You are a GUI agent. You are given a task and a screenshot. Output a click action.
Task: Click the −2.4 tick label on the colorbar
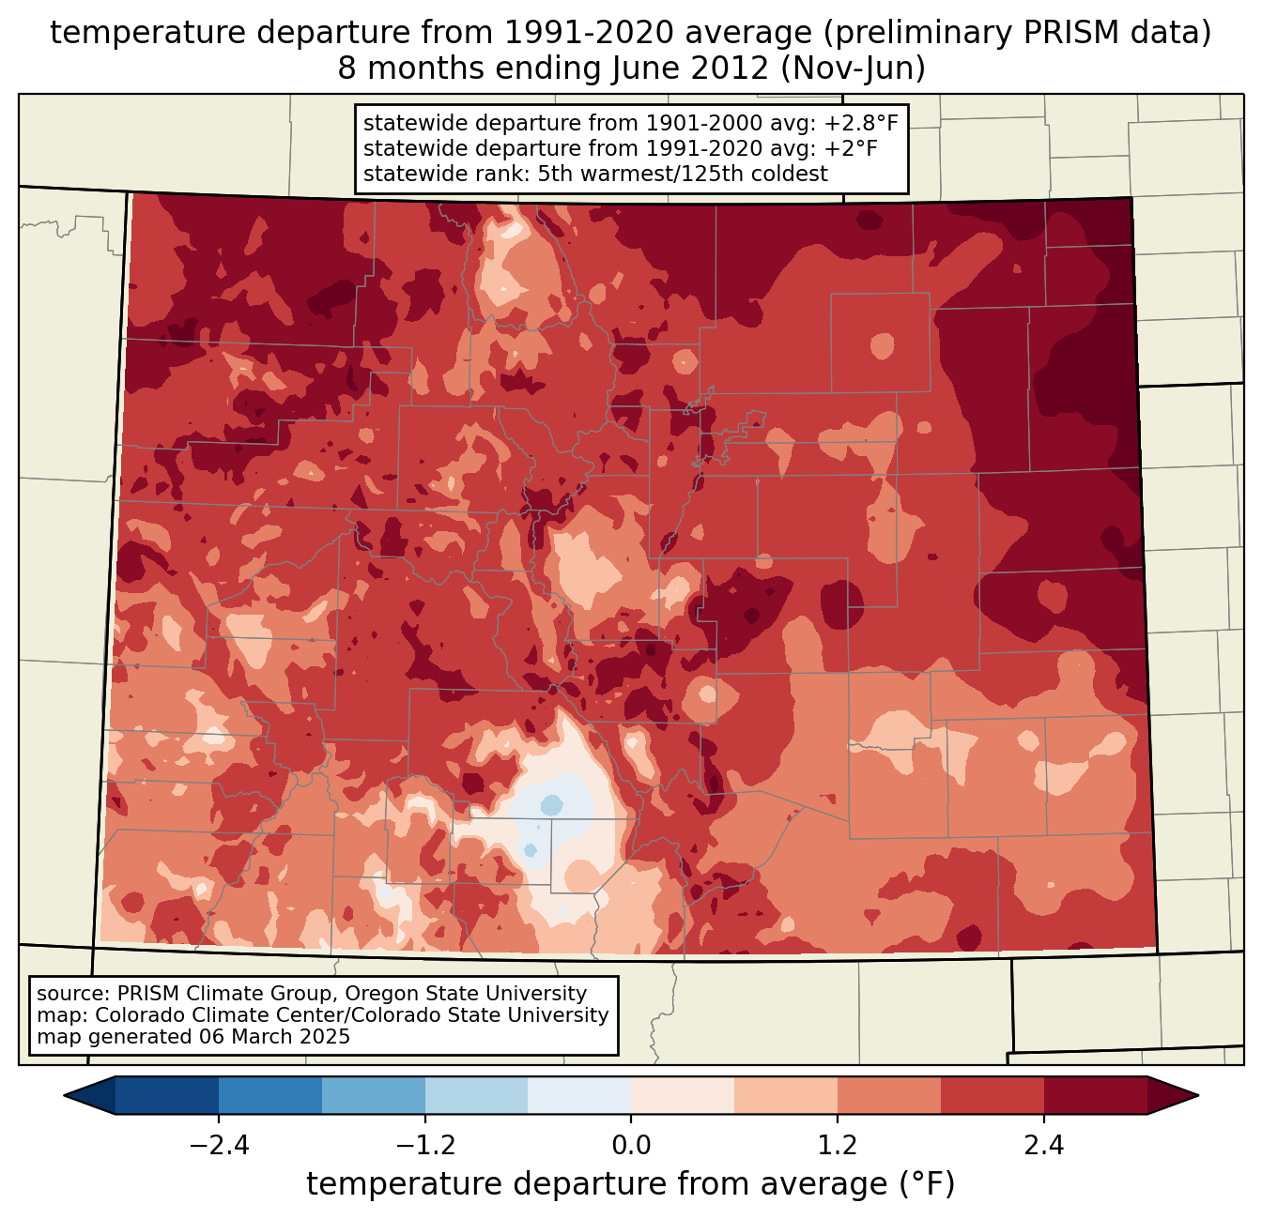[219, 1146]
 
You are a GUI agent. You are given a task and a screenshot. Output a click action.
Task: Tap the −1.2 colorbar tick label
[424, 1146]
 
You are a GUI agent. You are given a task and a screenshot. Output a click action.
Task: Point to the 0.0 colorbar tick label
[631, 1146]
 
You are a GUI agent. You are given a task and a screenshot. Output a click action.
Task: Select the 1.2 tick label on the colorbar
[838, 1146]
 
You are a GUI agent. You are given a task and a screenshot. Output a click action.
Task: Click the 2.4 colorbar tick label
[1043, 1146]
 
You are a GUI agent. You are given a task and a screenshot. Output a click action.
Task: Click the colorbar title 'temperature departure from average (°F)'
[631, 1184]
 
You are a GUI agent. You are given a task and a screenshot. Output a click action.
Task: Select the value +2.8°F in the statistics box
[861, 124]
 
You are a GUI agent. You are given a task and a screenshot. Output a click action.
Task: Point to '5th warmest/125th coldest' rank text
[683, 174]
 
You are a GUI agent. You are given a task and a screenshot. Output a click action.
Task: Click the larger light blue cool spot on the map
[551, 805]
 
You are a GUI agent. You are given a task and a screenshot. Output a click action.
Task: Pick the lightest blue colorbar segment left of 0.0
[579, 1095]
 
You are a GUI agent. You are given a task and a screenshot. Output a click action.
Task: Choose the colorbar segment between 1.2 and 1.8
[889, 1095]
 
